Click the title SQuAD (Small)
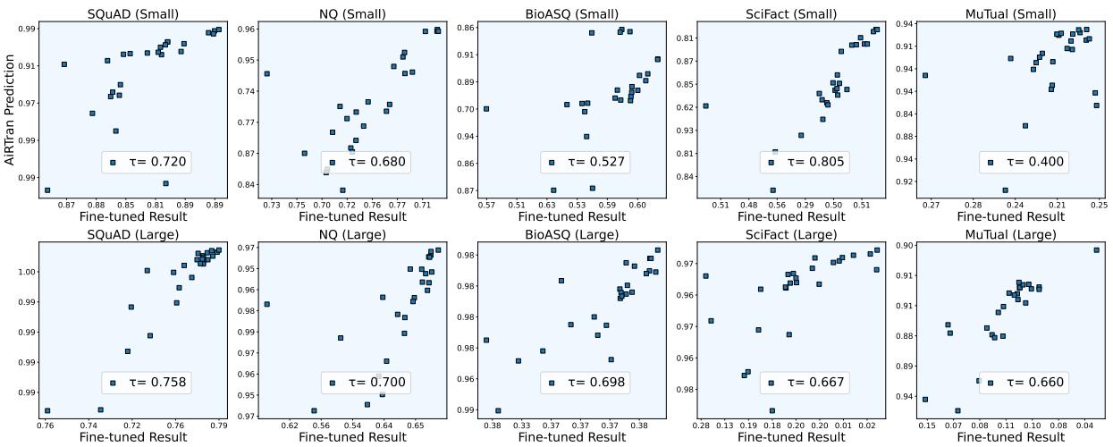[x=132, y=13]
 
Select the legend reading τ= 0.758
[x=160, y=383]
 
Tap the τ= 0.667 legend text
[x=816, y=383]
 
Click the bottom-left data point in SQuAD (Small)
[x=47, y=190]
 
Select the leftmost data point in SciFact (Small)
[x=705, y=105]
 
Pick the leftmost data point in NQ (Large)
[x=266, y=304]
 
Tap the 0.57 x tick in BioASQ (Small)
[x=486, y=206]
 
